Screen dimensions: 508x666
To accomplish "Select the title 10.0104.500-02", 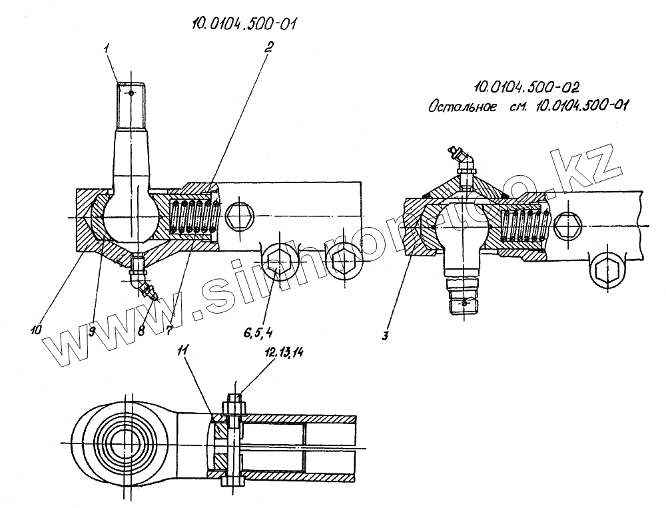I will point(526,87).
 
